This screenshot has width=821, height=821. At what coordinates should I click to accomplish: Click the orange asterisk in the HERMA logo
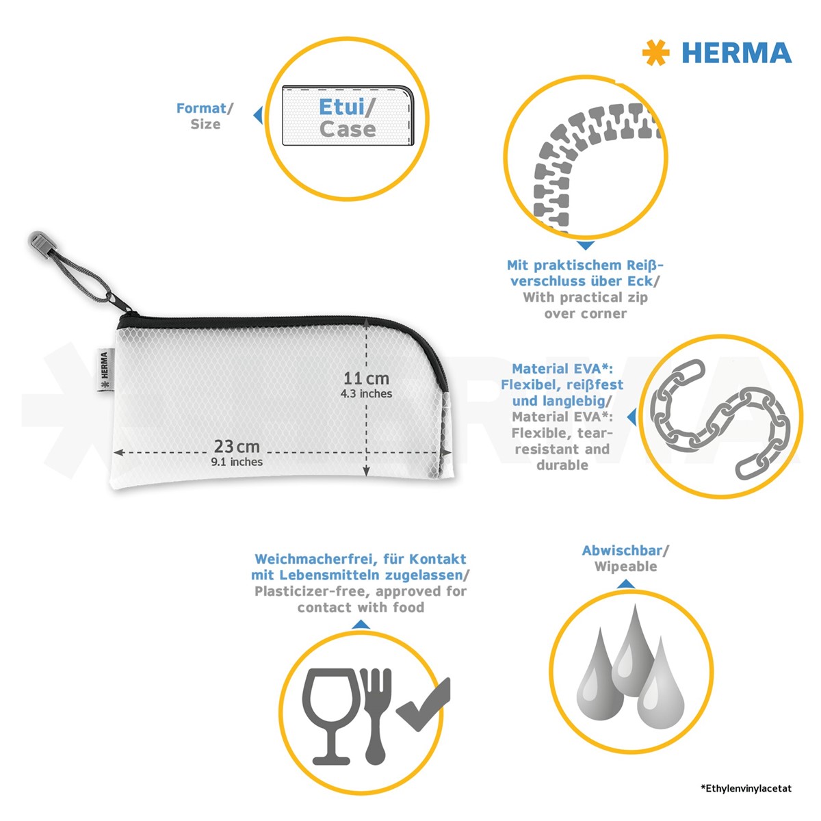point(655,53)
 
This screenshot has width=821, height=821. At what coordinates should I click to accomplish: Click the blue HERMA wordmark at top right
point(737,53)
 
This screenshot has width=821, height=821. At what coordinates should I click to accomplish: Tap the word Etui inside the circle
point(341,107)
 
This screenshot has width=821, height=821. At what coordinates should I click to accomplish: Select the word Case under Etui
point(348,129)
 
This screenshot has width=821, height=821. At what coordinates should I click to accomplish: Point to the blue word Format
point(201,108)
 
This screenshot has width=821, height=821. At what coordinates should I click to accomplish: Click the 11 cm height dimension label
point(366,378)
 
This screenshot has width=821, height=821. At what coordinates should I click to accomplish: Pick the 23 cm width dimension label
point(237,447)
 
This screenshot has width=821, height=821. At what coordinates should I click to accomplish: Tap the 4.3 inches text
point(366,393)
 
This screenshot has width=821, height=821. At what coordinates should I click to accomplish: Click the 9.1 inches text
point(237,462)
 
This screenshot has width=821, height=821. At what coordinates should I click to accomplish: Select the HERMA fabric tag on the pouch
point(104,369)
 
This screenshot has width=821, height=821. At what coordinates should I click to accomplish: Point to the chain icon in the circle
point(720,419)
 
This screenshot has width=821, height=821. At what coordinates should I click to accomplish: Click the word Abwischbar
point(622,551)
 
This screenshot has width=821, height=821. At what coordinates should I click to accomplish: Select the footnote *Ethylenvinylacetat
point(746,788)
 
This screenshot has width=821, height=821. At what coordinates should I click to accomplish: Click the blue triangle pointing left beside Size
point(258,115)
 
